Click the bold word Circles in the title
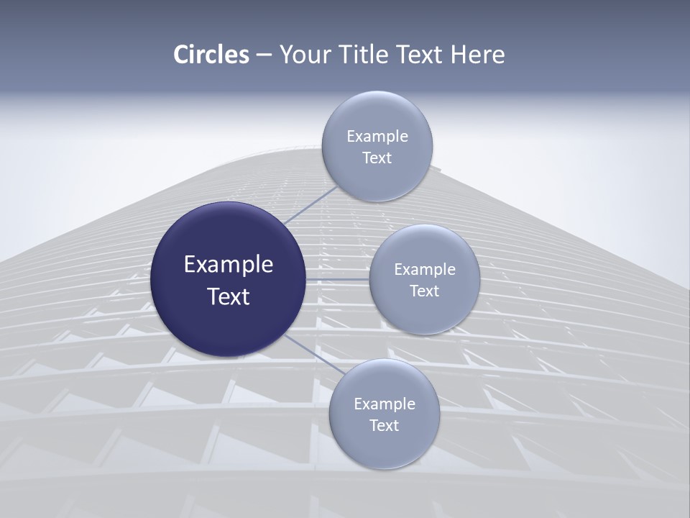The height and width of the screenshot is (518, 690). pyautogui.click(x=211, y=55)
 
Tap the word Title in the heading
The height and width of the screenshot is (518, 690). pyautogui.click(x=362, y=55)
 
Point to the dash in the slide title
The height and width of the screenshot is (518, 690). pyautogui.click(x=264, y=55)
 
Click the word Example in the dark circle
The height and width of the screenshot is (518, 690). pyautogui.click(x=229, y=265)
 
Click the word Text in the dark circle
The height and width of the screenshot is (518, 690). pyautogui.click(x=229, y=296)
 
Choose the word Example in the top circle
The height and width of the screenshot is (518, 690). pyautogui.click(x=377, y=137)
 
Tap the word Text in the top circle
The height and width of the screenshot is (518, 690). pyautogui.click(x=377, y=158)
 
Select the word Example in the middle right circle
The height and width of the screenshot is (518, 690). pyautogui.click(x=425, y=270)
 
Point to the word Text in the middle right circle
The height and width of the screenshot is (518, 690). pyautogui.click(x=425, y=291)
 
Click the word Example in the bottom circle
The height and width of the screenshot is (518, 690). pyautogui.click(x=385, y=404)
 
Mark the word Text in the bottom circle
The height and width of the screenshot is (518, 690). pyautogui.click(x=385, y=426)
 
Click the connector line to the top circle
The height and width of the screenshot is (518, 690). pyautogui.click(x=310, y=205)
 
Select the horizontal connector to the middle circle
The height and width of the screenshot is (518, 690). pyautogui.click(x=338, y=279)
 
